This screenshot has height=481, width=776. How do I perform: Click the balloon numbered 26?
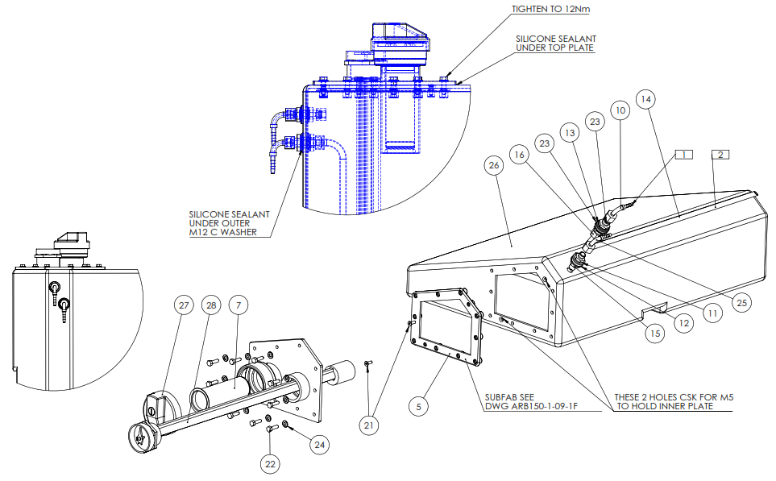click(x=494, y=165)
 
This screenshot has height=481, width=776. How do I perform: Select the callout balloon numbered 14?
click(x=645, y=99)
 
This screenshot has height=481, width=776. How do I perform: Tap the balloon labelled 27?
click(x=184, y=305)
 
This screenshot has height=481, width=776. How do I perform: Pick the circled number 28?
click(x=211, y=305)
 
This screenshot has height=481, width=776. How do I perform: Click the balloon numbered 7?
click(x=239, y=305)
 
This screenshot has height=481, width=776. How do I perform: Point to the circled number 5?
click(x=419, y=407)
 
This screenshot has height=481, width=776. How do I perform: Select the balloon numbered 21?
click(x=369, y=425)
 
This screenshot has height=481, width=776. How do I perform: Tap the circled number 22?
click(x=270, y=464)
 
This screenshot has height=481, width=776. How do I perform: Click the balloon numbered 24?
click(x=320, y=445)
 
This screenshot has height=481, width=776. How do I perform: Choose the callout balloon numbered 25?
click(x=741, y=303)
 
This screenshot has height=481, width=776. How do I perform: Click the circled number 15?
click(x=655, y=334)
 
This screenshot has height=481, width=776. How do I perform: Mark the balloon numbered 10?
click(x=620, y=110)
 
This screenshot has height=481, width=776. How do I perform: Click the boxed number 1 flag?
click(x=684, y=155)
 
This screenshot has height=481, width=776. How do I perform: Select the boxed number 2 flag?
click(x=720, y=155)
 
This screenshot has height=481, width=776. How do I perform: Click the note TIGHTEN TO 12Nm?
click(x=551, y=10)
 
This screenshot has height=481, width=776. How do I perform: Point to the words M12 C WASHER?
click(x=223, y=232)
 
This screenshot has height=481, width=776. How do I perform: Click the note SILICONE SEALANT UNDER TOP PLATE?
click(x=556, y=43)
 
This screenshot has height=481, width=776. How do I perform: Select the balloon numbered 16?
click(x=519, y=155)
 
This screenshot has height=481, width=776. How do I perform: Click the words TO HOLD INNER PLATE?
click(x=665, y=406)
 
